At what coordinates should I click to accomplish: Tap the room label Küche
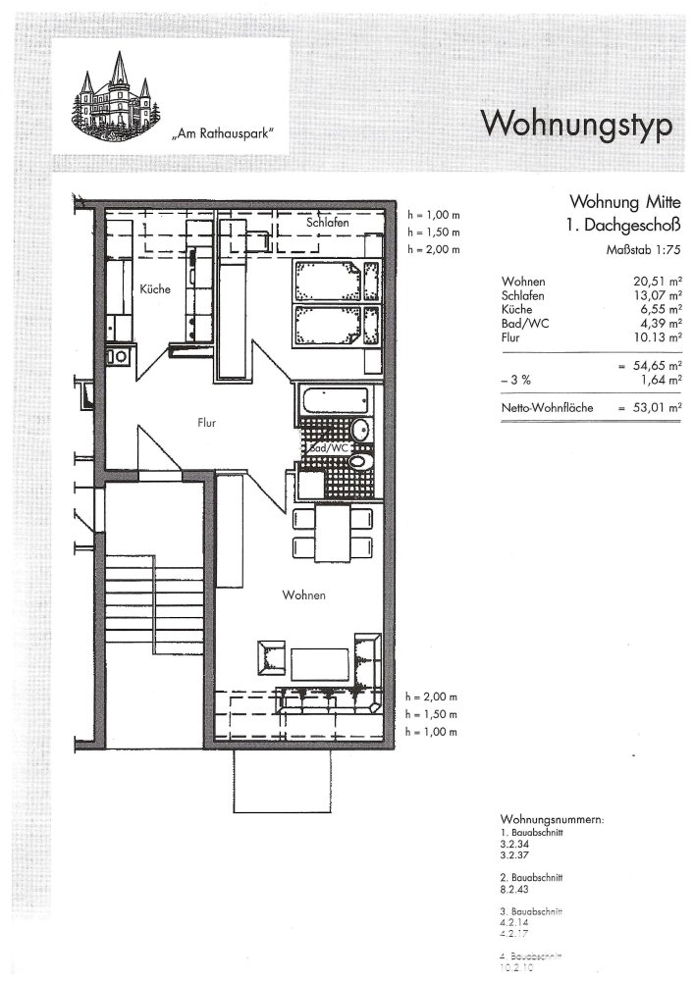pos(155,289)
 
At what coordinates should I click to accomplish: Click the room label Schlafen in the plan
pos(327,224)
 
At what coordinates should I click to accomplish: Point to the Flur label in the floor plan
pos(205,424)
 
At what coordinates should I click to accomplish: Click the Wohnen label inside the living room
pos(303,595)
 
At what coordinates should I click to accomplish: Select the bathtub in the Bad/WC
pos(333,402)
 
